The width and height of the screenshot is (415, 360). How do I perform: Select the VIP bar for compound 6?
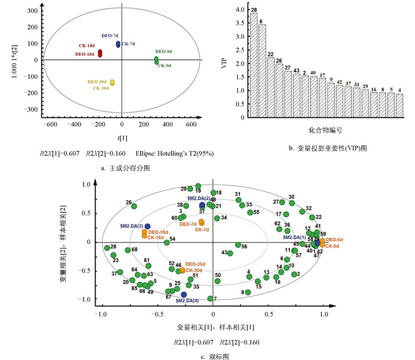coord(262,71)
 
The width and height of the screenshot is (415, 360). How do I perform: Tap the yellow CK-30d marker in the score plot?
coord(112,83)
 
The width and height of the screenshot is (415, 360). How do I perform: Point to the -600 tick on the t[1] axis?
coord(52,126)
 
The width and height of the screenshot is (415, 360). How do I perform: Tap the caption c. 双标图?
coord(214,356)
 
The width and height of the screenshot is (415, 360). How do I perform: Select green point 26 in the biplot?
coord(134,206)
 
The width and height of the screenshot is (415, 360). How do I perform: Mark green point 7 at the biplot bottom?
coord(210,298)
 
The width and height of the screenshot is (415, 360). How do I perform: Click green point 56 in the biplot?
coord(238,245)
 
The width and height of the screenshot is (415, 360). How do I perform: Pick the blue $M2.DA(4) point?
coord(184,294)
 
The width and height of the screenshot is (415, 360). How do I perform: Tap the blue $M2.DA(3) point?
coord(148,227)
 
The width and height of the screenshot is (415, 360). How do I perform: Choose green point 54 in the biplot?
coord(167,242)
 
